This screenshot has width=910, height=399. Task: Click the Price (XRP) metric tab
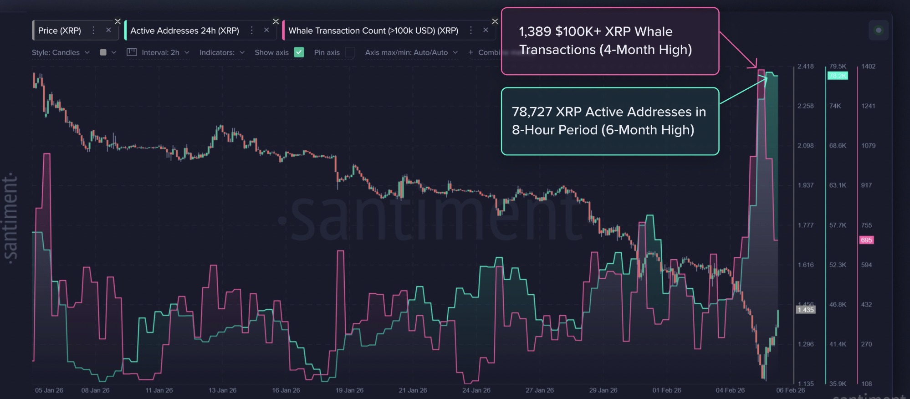(x=60, y=31)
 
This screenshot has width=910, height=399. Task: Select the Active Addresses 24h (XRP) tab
(x=184, y=31)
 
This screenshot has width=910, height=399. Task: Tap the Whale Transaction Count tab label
(x=373, y=31)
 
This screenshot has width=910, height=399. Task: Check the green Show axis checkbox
(x=299, y=52)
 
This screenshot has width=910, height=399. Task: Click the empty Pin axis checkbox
(x=350, y=52)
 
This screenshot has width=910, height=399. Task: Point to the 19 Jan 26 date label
(x=349, y=390)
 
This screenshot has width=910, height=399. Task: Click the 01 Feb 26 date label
(x=666, y=390)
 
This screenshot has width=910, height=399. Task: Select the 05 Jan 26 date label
(x=49, y=390)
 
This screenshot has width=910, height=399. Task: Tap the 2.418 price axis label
(x=805, y=66)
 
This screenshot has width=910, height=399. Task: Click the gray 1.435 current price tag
(x=805, y=310)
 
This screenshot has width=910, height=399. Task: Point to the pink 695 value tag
(x=866, y=240)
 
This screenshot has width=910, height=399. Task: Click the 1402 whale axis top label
(x=868, y=66)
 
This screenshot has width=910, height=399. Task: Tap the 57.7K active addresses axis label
(x=838, y=225)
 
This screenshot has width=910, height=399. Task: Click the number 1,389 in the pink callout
(x=535, y=31)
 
